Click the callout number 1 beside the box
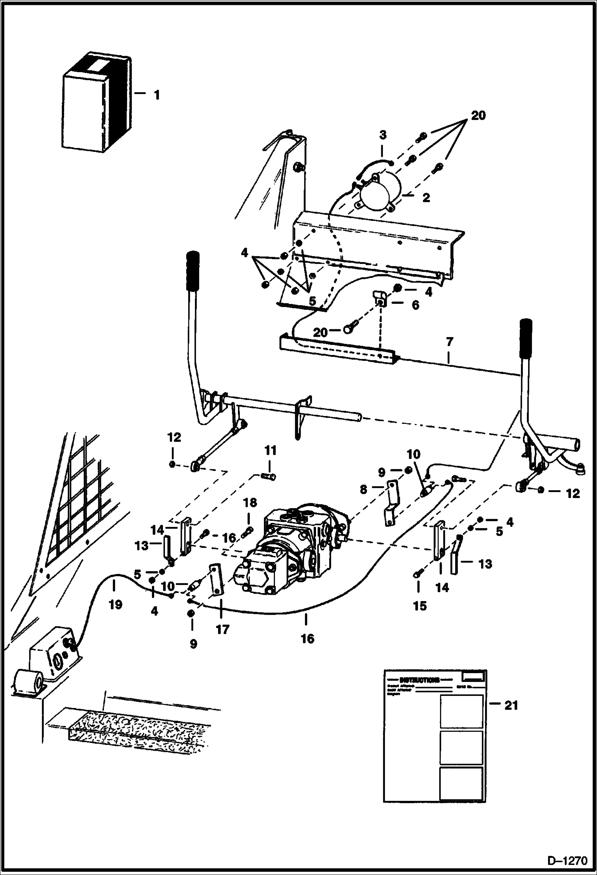[157, 95]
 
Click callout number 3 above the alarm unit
[382, 135]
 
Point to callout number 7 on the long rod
[450, 342]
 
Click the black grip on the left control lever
[192, 271]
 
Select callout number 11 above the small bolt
[271, 451]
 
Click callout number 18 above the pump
[250, 503]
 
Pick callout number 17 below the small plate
[222, 629]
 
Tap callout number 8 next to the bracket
[363, 489]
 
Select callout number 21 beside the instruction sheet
[511, 706]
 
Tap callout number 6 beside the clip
[415, 305]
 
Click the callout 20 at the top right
[478, 116]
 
